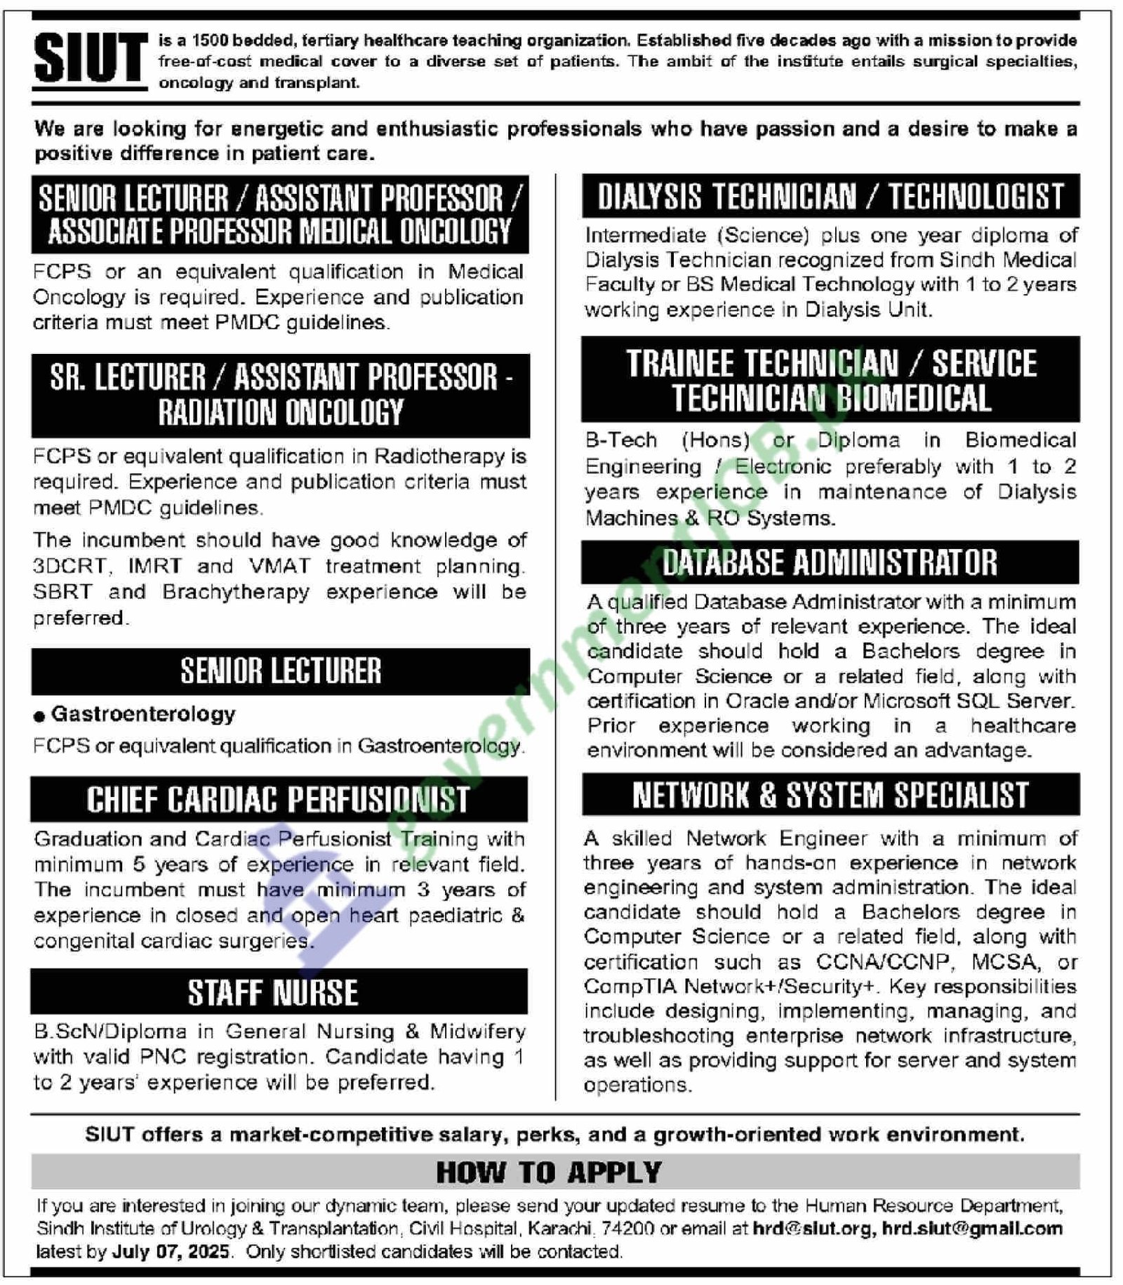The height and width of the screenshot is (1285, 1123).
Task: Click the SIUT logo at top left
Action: pos(90,60)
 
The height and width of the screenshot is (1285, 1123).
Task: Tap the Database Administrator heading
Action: pos(830,562)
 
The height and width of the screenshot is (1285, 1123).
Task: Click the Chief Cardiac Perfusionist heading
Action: pos(278,800)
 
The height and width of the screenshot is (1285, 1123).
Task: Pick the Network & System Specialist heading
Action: pos(830,796)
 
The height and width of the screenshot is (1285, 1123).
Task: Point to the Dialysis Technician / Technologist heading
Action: pos(830,197)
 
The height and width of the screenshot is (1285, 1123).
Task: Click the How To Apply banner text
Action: pos(549,1172)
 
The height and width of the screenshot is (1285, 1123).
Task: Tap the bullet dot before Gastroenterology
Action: pos(39,716)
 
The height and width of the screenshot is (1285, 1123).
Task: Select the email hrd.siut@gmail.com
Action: pos(972,1228)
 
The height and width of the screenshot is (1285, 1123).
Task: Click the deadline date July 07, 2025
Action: pos(171,1251)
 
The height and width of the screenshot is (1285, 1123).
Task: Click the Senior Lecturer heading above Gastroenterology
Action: pos(281,671)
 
